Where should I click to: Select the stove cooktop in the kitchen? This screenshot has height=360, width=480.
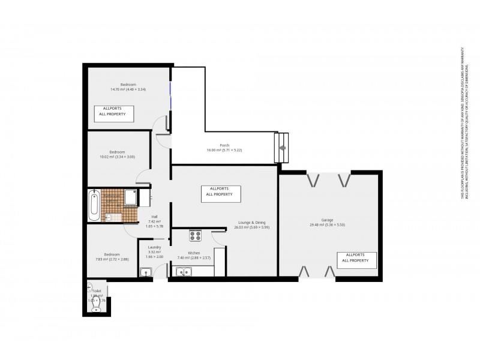pos(196,236)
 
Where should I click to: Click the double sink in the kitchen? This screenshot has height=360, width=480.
pos(183,272)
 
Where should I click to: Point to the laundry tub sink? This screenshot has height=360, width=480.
pos(145,273)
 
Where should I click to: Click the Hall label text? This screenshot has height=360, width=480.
pos(154,217)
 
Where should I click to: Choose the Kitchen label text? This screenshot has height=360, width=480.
pos(193,253)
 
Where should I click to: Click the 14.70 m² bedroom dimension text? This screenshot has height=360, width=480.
pos(128,89)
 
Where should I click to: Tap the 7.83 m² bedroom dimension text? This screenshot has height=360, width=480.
pos(112,259)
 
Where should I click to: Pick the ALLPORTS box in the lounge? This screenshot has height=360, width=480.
pos(221,193)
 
